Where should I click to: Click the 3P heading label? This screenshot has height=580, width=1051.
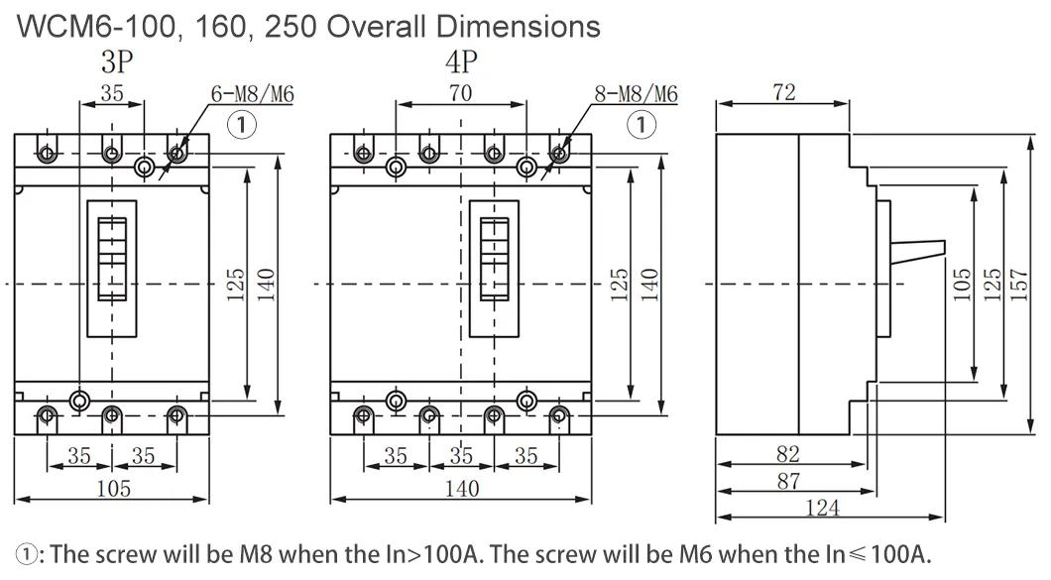tap(117, 62)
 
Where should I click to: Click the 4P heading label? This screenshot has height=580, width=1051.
tap(461, 62)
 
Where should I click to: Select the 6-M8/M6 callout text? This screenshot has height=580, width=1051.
tap(253, 94)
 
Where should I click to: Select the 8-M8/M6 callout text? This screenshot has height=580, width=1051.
tap(637, 94)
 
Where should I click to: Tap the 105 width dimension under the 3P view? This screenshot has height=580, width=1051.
tap(113, 488)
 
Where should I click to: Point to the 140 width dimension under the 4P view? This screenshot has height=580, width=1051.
tap(462, 488)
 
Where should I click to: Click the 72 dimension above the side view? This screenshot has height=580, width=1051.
tap(783, 92)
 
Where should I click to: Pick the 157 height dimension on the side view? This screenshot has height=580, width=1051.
tap(1018, 285)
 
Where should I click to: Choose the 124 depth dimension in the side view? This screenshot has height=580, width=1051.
tap(822, 508)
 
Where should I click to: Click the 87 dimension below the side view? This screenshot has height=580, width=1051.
tap(788, 481)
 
